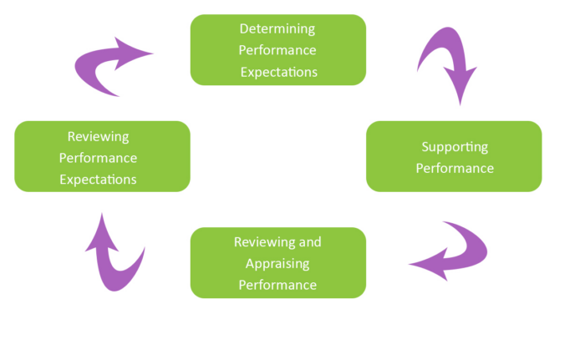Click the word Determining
(278, 28)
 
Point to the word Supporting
(455, 146)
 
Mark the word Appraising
(278, 263)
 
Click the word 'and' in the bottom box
(309, 242)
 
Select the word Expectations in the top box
(278, 72)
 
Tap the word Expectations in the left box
(98, 179)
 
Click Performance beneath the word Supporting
(455, 168)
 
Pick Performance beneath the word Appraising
(278, 284)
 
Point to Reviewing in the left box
(98, 136)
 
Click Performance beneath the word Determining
(278, 50)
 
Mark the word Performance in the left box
(98, 157)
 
